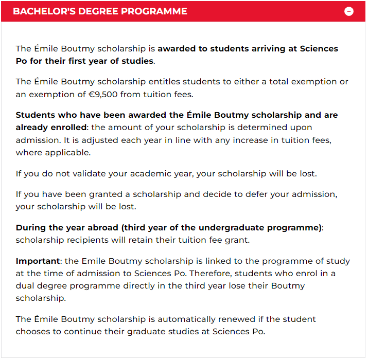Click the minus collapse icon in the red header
pos(349,11)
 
